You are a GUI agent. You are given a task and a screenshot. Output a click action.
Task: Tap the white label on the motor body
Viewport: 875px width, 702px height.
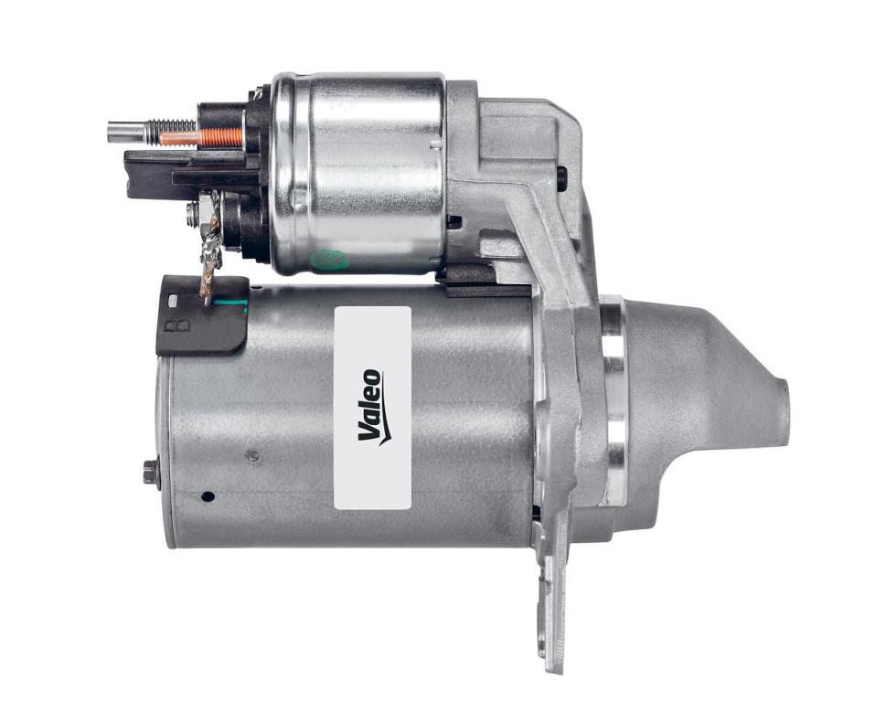click(373, 408)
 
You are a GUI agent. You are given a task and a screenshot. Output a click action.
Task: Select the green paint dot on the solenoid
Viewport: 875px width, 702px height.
click(329, 259)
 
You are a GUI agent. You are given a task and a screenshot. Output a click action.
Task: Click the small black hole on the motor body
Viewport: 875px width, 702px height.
click(208, 495)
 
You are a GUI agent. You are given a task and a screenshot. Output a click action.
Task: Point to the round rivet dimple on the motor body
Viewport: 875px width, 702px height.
click(252, 456)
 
